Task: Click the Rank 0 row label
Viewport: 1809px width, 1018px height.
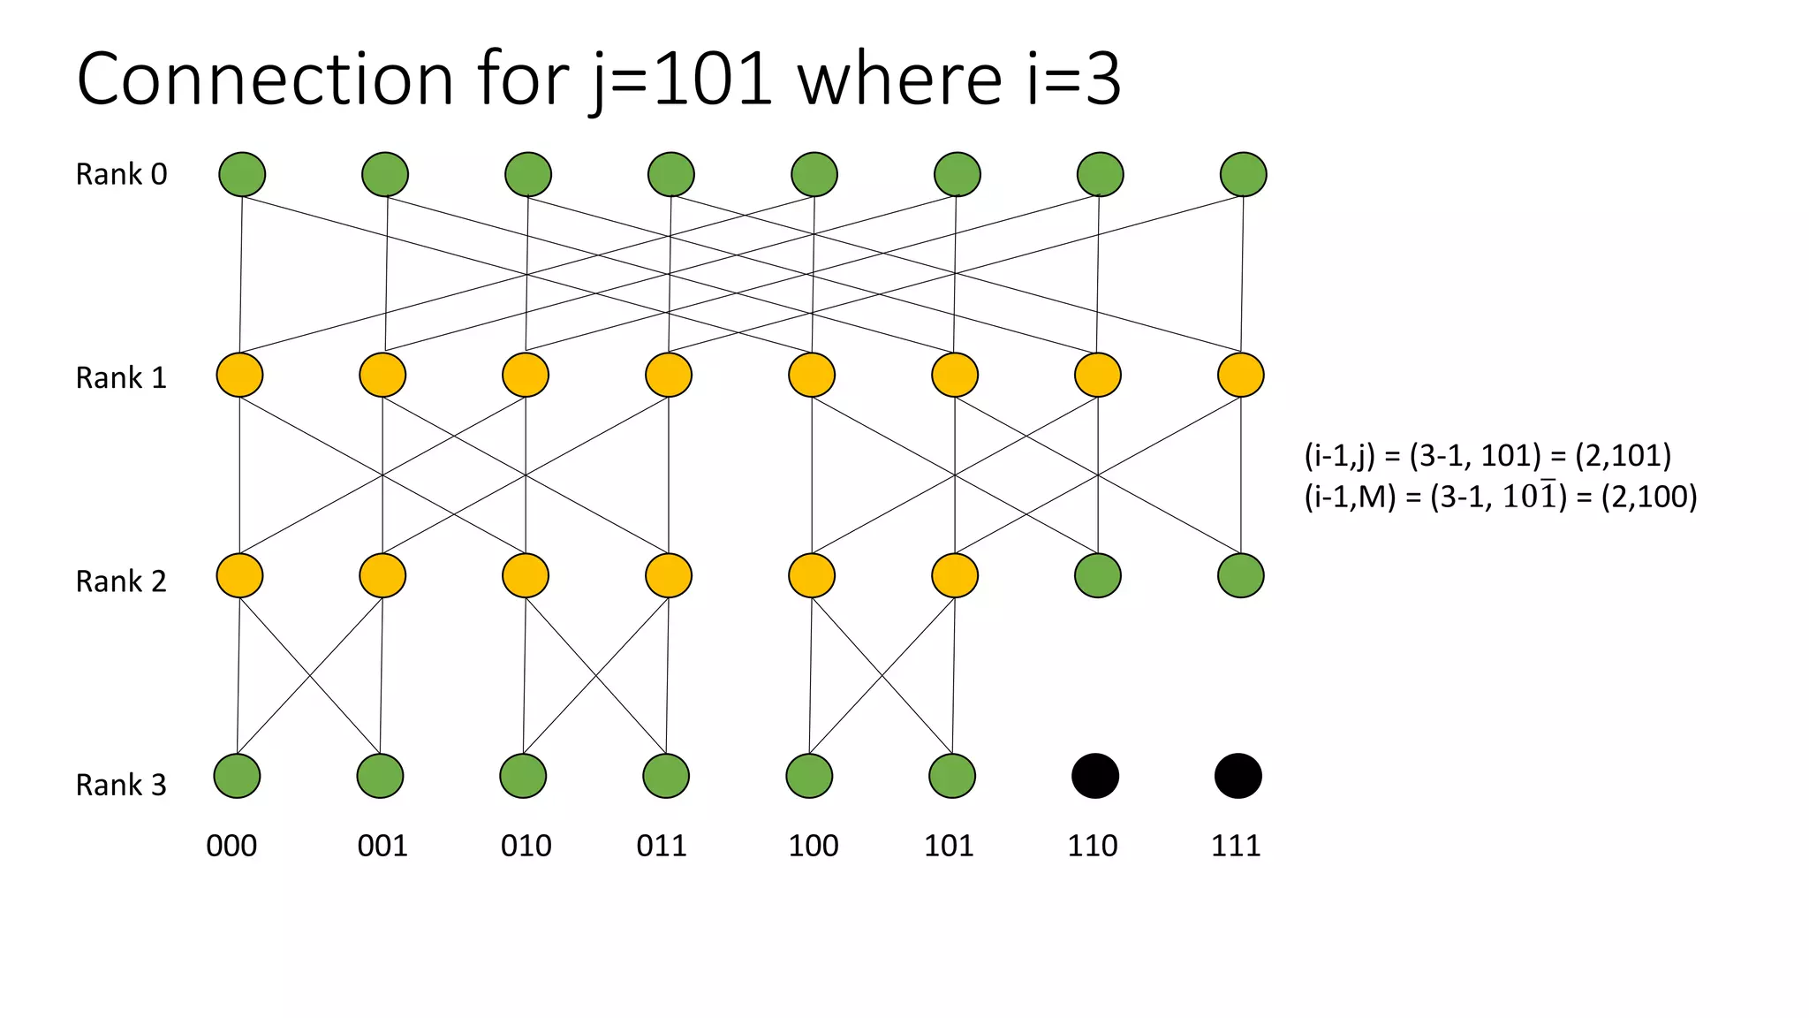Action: (x=121, y=174)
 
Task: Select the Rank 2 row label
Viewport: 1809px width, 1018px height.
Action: (x=121, y=581)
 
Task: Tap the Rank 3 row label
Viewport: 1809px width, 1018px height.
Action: (x=121, y=785)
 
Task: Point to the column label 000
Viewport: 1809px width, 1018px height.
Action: (x=231, y=846)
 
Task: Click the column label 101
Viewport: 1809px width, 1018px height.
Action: (x=949, y=846)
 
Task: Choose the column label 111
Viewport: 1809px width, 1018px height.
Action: (x=1236, y=846)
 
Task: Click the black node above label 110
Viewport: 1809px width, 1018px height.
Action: (x=1095, y=776)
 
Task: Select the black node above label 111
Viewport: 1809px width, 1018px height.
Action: (x=1238, y=776)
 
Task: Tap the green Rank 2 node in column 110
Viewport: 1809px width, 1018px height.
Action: (x=1098, y=575)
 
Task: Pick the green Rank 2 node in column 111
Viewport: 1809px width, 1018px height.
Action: (x=1241, y=575)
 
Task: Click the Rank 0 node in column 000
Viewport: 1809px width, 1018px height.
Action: (x=242, y=174)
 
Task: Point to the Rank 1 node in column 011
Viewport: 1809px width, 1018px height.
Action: (x=669, y=375)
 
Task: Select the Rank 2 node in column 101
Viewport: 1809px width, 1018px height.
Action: (x=955, y=575)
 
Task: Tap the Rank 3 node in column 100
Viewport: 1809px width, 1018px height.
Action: (x=809, y=776)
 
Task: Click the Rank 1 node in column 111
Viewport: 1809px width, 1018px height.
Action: (x=1241, y=375)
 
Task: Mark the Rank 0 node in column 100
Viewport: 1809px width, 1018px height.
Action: (x=814, y=174)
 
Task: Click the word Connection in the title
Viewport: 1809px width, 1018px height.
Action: (x=265, y=80)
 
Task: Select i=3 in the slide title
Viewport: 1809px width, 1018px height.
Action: (x=1074, y=80)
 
